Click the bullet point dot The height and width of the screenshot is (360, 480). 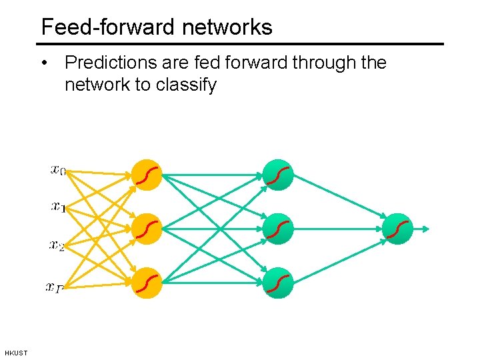point(44,63)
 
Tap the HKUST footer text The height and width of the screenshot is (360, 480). point(16,353)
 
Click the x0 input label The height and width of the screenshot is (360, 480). point(58,170)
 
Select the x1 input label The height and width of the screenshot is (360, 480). point(58,207)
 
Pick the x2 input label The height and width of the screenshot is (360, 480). point(57,245)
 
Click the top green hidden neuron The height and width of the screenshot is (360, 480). point(278,175)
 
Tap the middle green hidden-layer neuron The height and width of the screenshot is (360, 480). point(278,229)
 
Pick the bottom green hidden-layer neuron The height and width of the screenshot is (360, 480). point(278,283)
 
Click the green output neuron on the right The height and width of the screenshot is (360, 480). point(398,229)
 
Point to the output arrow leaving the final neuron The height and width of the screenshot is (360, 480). point(422,229)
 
